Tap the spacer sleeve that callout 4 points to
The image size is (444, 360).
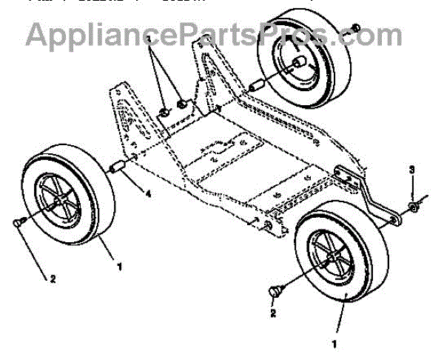pyautogui.click(x=115, y=169)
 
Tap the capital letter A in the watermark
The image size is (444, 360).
pyautogui.click(x=36, y=33)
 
